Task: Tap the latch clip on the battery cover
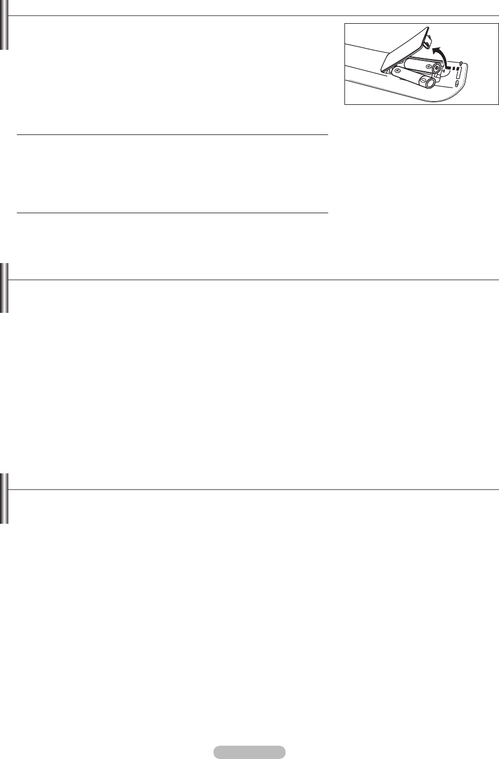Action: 429,38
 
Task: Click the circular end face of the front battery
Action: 430,83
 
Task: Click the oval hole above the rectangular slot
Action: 459,63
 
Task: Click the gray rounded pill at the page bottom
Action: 249,752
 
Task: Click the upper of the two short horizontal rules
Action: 173,135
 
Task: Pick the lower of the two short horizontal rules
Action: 173,213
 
